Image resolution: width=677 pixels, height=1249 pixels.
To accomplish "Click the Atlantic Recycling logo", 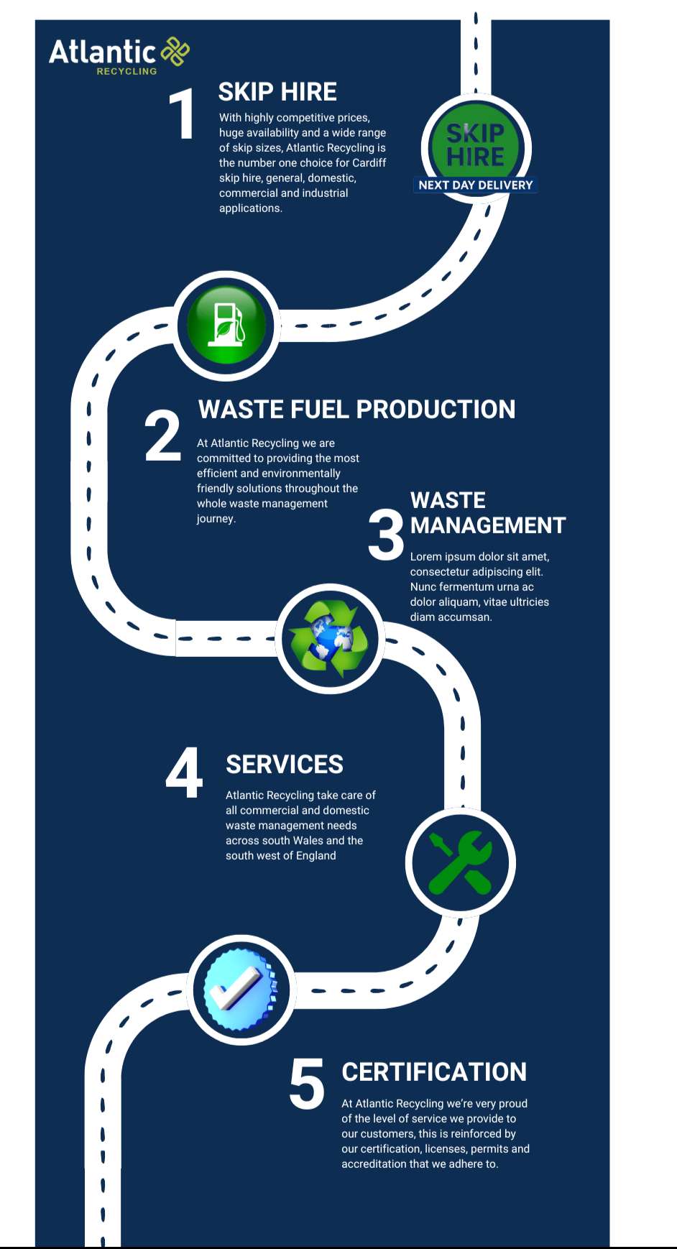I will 119,55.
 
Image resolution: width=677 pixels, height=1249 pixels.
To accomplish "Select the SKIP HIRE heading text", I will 277,92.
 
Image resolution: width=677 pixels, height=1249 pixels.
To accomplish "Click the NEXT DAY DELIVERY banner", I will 475,185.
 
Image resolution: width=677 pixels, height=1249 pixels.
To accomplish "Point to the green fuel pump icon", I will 226,326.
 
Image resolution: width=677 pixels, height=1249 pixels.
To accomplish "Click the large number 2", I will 162,435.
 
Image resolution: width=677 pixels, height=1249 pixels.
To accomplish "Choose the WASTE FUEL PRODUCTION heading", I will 356,410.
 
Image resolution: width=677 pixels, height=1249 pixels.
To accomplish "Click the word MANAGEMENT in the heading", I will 488,525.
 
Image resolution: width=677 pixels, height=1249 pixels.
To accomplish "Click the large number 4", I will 184,773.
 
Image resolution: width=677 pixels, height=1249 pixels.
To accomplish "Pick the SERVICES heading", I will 285,765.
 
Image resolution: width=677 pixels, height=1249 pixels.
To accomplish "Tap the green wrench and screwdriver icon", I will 460,862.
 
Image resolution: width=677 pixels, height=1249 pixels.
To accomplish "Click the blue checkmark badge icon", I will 241,989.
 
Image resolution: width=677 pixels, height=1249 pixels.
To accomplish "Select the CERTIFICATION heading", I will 434,1072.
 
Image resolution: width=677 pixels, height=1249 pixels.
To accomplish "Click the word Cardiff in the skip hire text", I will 369,163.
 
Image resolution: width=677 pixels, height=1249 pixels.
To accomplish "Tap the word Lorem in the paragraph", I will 425,557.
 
